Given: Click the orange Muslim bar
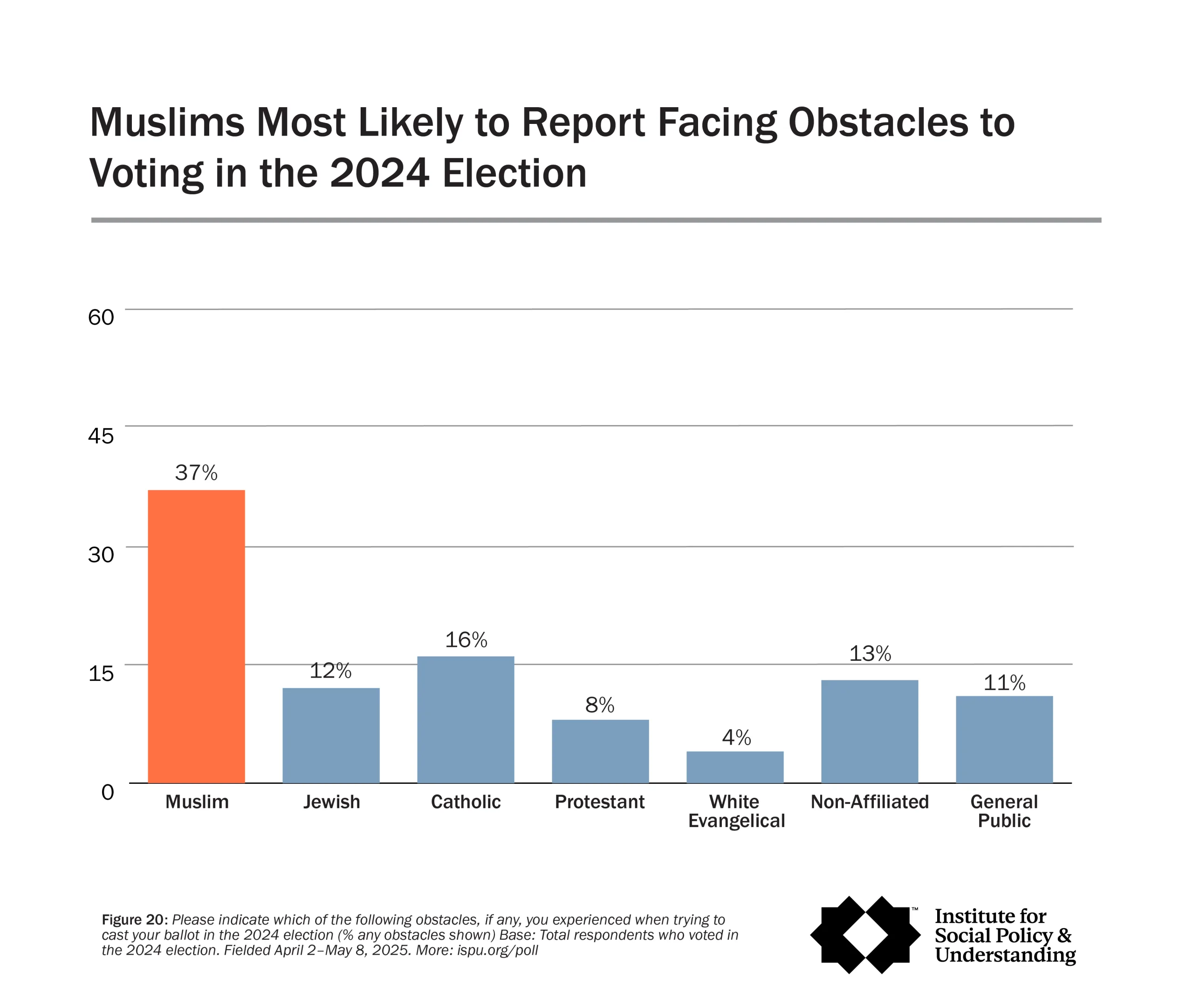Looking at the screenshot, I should [196, 637].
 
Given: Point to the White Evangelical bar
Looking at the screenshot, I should [734, 767].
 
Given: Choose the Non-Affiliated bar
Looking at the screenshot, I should [869, 731].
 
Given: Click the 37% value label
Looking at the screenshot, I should [196, 473].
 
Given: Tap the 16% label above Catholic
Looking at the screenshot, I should [466, 640].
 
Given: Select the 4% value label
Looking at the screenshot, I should [736, 738].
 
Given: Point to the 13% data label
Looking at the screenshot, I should [870, 654].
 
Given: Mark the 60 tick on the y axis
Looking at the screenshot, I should [101, 317].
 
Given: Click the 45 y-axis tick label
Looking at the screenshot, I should [101, 436].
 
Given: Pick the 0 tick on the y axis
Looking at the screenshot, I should [107, 792].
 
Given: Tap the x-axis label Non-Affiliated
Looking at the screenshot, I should [869, 801].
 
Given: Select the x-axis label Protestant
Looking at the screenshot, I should [599, 801].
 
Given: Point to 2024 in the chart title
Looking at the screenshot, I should [379, 173].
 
